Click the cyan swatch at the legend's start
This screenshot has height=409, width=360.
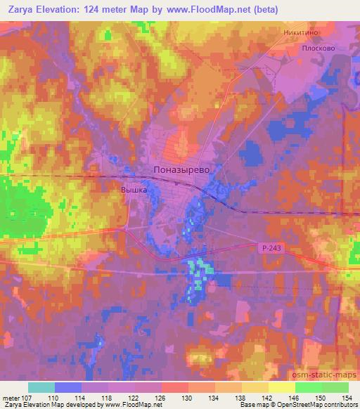tap(41, 387)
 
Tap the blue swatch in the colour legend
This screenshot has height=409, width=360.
tap(68, 387)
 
